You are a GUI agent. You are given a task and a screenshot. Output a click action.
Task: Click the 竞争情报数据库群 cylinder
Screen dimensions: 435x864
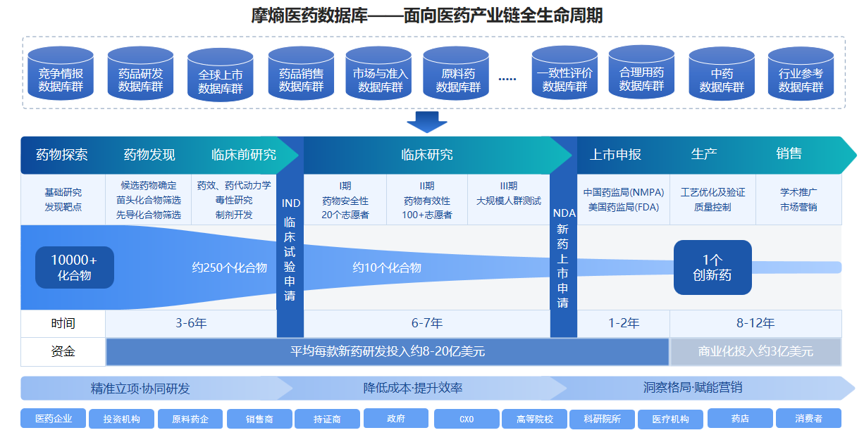click(x=61, y=73)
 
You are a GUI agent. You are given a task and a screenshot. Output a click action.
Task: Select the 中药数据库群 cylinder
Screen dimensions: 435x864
click(x=722, y=75)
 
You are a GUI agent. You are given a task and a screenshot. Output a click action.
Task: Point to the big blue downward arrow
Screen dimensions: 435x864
click(x=426, y=122)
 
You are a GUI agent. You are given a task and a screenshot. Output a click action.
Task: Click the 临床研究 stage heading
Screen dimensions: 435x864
click(x=427, y=155)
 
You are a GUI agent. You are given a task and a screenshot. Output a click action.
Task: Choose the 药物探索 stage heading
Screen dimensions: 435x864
click(x=62, y=155)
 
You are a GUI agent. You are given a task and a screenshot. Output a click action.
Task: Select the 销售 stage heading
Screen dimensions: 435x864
click(x=789, y=154)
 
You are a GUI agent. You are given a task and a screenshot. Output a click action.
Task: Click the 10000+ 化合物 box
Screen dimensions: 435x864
click(x=74, y=267)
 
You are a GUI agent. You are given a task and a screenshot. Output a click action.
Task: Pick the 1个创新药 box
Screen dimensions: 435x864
click(x=712, y=267)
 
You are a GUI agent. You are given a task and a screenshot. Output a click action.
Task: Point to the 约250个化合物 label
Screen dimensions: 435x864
click(x=230, y=267)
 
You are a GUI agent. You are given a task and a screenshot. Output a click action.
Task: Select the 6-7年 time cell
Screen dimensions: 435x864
click(x=427, y=324)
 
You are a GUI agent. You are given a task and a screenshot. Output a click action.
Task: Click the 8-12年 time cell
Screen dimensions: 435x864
click(x=755, y=324)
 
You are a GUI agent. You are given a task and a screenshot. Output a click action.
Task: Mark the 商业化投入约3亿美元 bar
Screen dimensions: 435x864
click(x=755, y=351)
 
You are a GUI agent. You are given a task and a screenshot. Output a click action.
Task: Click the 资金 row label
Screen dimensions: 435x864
click(x=63, y=351)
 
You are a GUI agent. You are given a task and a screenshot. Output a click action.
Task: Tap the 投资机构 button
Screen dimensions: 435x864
click(x=121, y=419)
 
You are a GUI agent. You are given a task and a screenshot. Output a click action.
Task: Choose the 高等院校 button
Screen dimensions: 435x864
click(x=535, y=419)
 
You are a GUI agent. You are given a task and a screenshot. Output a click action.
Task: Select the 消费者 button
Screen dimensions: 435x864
click(x=808, y=418)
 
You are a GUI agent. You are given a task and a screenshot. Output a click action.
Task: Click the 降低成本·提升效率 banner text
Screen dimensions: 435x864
click(x=413, y=388)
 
